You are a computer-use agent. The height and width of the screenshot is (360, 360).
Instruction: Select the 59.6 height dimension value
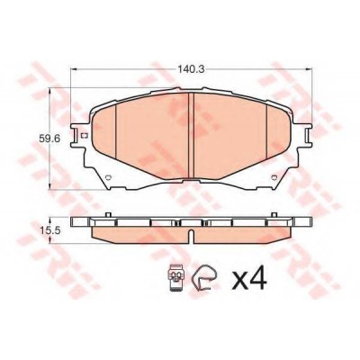click(49, 139)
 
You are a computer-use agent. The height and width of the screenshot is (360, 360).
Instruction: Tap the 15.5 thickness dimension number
click(49, 230)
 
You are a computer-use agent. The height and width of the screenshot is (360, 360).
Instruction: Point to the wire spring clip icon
click(205, 278)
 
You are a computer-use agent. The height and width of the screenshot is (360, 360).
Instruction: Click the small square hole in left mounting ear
click(85, 136)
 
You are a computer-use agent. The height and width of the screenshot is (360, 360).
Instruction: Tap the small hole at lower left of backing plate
click(109, 177)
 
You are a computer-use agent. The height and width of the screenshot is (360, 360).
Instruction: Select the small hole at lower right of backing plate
click(274, 177)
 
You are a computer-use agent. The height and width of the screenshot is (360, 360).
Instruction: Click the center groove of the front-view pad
click(191, 135)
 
